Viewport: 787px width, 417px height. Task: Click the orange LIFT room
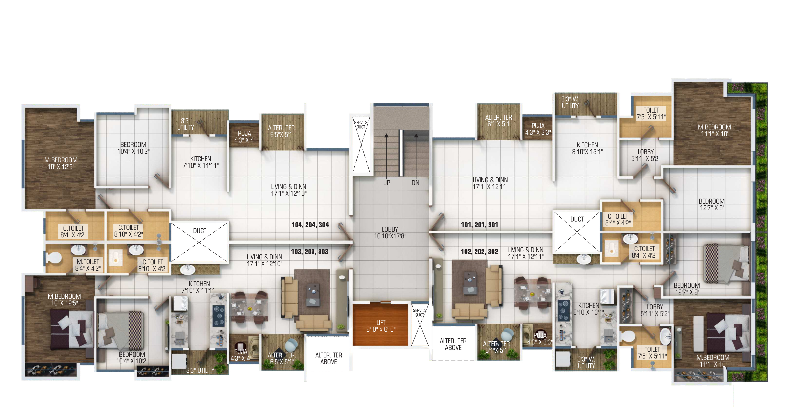click(x=380, y=325)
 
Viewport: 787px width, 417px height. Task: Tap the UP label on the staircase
click(x=386, y=183)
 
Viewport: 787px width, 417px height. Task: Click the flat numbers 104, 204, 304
click(x=310, y=225)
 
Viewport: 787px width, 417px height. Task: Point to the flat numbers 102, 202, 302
click(x=479, y=252)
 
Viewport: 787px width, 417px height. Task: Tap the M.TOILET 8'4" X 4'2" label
click(x=88, y=265)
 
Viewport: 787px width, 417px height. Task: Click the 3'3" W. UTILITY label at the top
click(x=570, y=102)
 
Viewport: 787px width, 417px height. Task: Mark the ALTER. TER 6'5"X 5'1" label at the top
click(x=282, y=131)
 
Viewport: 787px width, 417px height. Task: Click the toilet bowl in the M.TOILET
click(x=54, y=257)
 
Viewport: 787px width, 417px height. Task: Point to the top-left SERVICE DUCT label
click(x=361, y=125)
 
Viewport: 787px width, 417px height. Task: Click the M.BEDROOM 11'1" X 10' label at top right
click(x=714, y=130)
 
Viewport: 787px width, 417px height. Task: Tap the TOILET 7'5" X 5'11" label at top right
click(x=651, y=113)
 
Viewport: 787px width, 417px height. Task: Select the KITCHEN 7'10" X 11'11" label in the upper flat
click(x=201, y=162)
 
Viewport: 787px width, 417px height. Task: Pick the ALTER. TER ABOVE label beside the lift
click(x=329, y=358)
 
